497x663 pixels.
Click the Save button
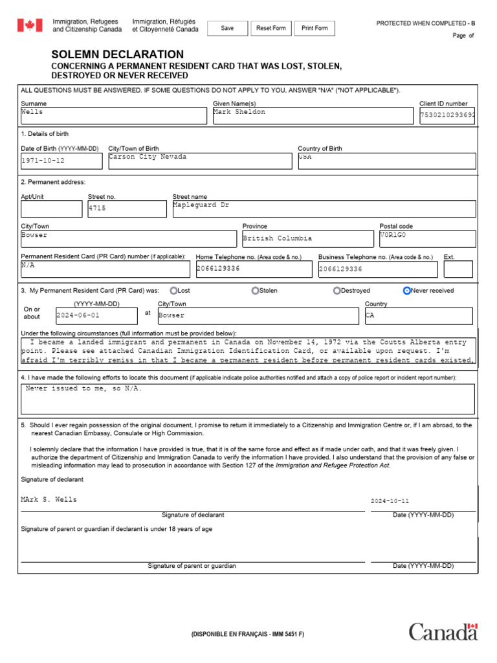point(227,28)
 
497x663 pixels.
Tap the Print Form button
point(315,28)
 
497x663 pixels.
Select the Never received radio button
point(406,291)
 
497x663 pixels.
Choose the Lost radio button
point(173,291)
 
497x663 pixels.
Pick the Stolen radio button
point(256,291)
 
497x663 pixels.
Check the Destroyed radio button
point(337,291)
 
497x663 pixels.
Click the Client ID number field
point(447,116)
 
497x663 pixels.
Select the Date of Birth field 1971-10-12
point(61,161)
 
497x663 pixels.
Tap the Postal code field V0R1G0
point(427,239)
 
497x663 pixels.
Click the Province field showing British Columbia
point(308,239)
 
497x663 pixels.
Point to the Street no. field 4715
point(127,208)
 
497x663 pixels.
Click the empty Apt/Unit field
point(51,208)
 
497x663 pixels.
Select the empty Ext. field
point(458,269)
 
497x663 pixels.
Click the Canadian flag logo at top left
point(29,25)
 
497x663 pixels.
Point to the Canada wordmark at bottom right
point(443,632)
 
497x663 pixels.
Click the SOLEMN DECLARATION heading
point(117,54)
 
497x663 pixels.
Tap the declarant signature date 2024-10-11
point(390,501)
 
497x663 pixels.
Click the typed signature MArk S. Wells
point(49,499)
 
